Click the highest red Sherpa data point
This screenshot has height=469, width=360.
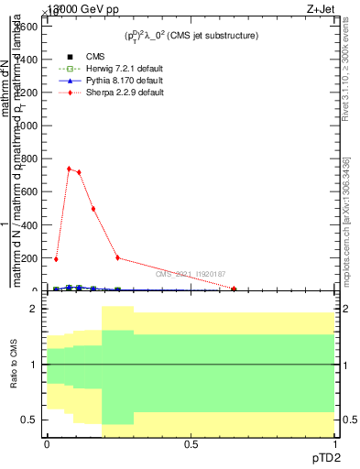[69, 169]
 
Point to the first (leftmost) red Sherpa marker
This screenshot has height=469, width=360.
[56, 259]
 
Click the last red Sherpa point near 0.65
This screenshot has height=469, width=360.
[235, 289]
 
